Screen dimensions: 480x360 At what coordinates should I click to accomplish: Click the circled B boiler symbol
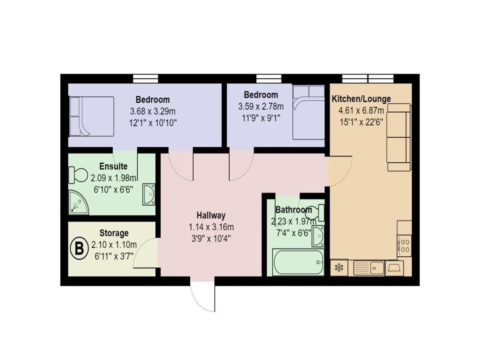[79, 248]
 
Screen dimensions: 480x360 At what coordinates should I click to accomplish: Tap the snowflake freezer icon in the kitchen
[339, 267]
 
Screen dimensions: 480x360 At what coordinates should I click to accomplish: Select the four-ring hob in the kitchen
[404, 246]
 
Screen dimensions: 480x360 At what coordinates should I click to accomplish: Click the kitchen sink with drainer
[369, 268]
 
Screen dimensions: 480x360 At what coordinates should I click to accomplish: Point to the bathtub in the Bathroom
[298, 262]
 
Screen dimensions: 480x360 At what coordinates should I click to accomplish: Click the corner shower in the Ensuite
[79, 202]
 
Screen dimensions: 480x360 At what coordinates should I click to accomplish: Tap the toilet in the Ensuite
[78, 175]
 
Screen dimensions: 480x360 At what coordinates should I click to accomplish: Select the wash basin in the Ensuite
[149, 194]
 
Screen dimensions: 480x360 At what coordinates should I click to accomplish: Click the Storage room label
[114, 233]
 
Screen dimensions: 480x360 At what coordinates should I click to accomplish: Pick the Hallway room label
[211, 215]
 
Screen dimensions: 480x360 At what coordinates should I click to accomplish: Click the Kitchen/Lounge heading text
[361, 99]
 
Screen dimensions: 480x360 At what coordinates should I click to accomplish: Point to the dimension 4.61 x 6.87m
[361, 111]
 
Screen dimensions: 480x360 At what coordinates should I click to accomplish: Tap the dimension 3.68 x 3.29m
[153, 112]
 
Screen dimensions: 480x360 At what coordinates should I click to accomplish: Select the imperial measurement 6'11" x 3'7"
[114, 256]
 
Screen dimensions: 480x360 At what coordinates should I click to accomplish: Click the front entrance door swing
[202, 296]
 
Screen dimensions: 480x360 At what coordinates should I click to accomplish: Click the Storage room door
[146, 253]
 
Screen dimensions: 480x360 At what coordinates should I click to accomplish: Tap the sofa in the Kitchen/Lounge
[399, 137]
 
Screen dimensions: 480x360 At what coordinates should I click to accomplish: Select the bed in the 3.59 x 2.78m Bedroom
[308, 112]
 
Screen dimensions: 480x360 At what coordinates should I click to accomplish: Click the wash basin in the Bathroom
[318, 236]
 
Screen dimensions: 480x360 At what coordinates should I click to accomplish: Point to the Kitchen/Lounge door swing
[339, 171]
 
